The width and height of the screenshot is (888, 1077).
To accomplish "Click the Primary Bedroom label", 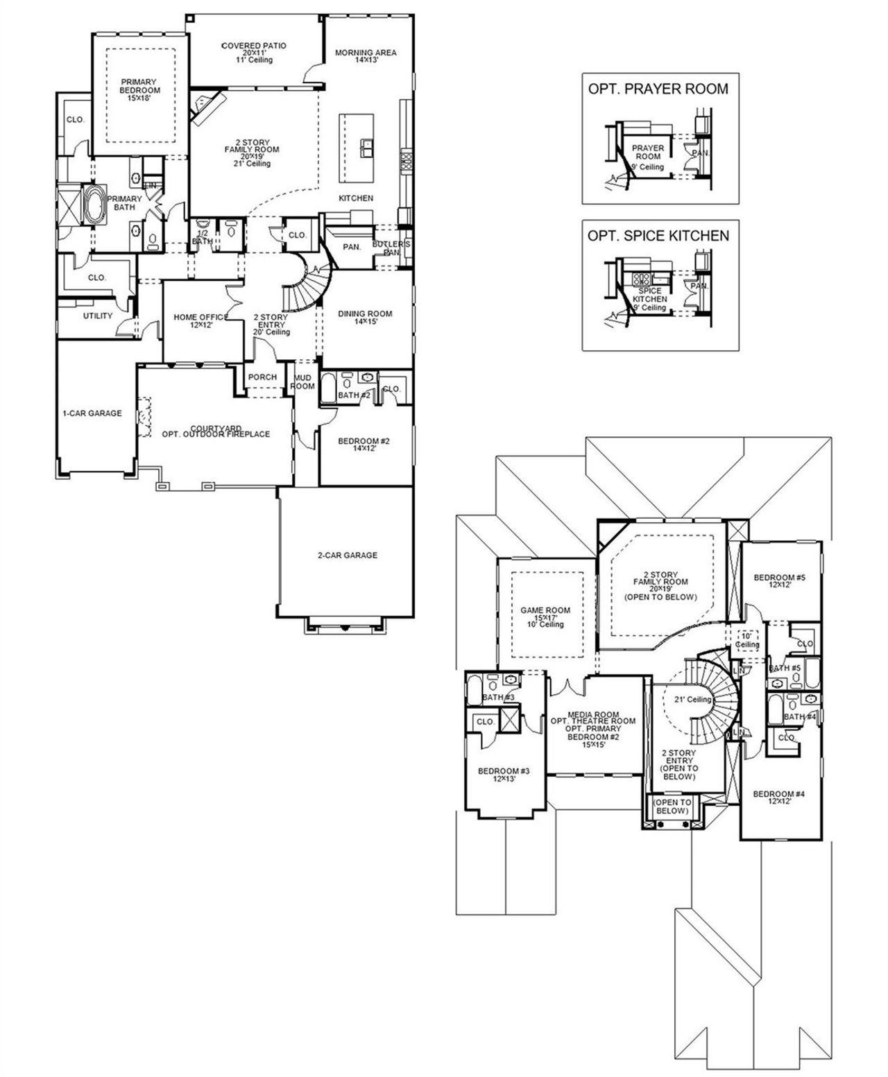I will pos(139,90).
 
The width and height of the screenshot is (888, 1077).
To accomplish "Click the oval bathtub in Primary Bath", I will pos(94,205).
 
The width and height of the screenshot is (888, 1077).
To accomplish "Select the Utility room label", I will pos(98,316).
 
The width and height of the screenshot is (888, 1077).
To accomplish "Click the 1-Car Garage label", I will pos(92,413).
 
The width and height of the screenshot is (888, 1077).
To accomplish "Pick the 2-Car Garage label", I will pos(348,555).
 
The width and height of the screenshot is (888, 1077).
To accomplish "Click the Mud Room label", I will pos(302,381).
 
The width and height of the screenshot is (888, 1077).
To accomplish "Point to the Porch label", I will pos(262,377).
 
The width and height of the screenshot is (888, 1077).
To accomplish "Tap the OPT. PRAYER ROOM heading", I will pos(658,89).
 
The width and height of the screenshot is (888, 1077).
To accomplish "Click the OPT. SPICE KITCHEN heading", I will pos(658,236).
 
